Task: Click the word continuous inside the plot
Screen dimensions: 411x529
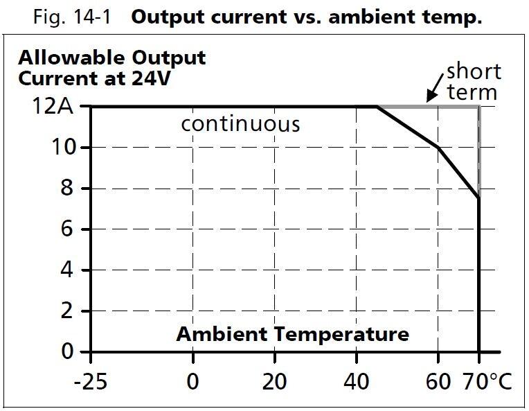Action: click(240, 125)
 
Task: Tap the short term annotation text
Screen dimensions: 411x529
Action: click(473, 81)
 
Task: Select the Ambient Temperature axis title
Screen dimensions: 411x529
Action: click(292, 334)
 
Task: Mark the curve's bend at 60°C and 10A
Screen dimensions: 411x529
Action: click(438, 148)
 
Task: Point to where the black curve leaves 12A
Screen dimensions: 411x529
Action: click(377, 107)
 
